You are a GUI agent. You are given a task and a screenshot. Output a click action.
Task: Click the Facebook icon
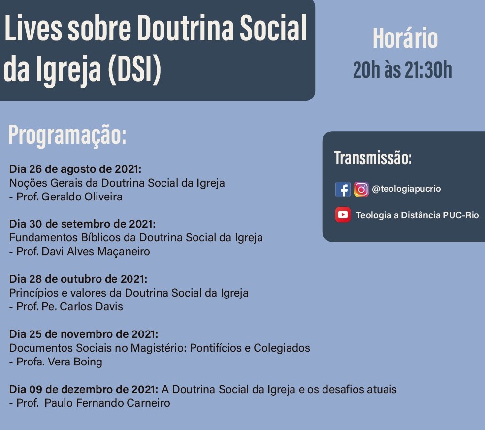343,189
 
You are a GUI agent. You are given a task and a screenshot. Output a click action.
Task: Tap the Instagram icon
361,189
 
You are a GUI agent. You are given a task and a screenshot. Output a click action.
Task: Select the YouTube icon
343,215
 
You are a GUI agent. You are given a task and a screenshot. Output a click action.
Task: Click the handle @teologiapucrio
406,189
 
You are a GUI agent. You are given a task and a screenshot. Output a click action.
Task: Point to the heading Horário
405,38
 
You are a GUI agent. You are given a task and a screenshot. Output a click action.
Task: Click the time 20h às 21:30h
402,70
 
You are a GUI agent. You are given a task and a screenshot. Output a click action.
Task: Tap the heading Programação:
67,135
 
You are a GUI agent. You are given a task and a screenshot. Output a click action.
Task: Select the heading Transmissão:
373,158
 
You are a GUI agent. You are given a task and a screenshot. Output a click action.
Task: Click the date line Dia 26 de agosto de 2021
75,169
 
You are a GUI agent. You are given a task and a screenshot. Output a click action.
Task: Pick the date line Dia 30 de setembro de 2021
83,224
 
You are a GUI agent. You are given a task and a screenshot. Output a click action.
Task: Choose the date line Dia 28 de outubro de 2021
78,279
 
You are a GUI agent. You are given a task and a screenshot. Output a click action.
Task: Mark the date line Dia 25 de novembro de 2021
84,334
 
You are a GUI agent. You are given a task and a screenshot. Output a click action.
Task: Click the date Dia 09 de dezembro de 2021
84,389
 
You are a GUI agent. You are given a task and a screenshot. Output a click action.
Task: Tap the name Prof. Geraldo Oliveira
69,197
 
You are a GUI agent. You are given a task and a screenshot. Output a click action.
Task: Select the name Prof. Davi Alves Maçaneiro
83,252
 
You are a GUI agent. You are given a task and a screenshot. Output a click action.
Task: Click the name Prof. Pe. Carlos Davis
69,306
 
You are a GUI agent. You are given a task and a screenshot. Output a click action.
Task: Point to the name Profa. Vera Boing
60,362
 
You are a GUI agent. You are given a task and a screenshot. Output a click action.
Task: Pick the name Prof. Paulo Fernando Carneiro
93,403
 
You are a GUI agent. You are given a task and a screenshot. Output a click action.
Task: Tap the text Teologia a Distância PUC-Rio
417,215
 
